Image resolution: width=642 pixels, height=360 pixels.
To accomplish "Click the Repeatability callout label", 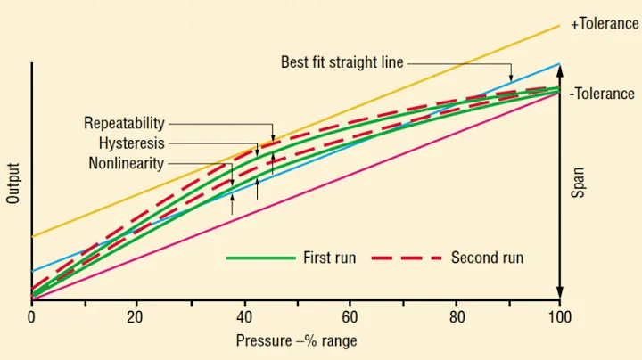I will pyautogui.click(x=125, y=123).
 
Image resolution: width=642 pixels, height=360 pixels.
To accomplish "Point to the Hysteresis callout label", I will pyautogui.click(x=132, y=143).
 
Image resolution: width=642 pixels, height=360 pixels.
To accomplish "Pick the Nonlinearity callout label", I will pyautogui.click(x=127, y=163).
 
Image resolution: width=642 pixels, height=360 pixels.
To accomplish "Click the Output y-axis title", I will pyautogui.click(x=13, y=183).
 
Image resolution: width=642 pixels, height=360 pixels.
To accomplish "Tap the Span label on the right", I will pyautogui.click(x=577, y=182).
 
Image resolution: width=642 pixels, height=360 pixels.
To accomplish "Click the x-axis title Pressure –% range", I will pyautogui.click(x=296, y=340).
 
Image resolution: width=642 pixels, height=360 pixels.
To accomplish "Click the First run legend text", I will pyautogui.click(x=330, y=258).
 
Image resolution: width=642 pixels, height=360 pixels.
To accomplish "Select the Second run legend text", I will pyautogui.click(x=487, y=258).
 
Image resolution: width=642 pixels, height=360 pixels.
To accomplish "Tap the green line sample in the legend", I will pyautogui.click(x=260, y=258).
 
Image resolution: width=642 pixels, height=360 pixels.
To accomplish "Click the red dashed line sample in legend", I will pyautogui.click(x=407, y=258).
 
